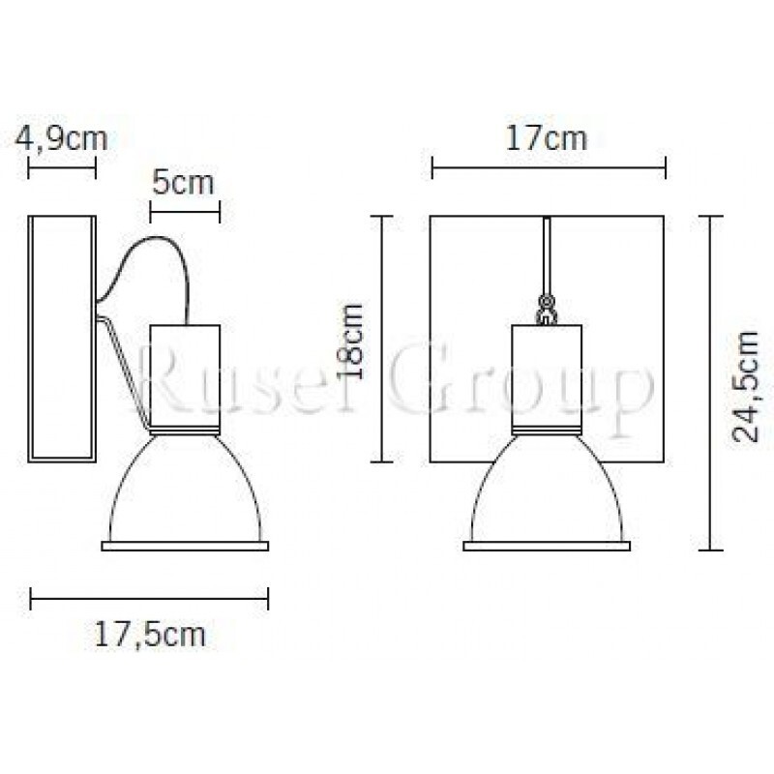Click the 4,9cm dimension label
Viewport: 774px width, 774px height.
[61, 138]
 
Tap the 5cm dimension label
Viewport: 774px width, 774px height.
[184, 182]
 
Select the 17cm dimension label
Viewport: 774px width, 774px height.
[548, 138]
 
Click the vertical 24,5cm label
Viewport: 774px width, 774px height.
[745, 385]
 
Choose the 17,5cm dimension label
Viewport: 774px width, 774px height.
[150, 635]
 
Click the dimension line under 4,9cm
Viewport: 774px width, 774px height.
[62, 169]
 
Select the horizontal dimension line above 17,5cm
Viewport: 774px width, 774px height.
[149, 598]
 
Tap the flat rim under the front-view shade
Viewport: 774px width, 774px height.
[547, 547]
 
